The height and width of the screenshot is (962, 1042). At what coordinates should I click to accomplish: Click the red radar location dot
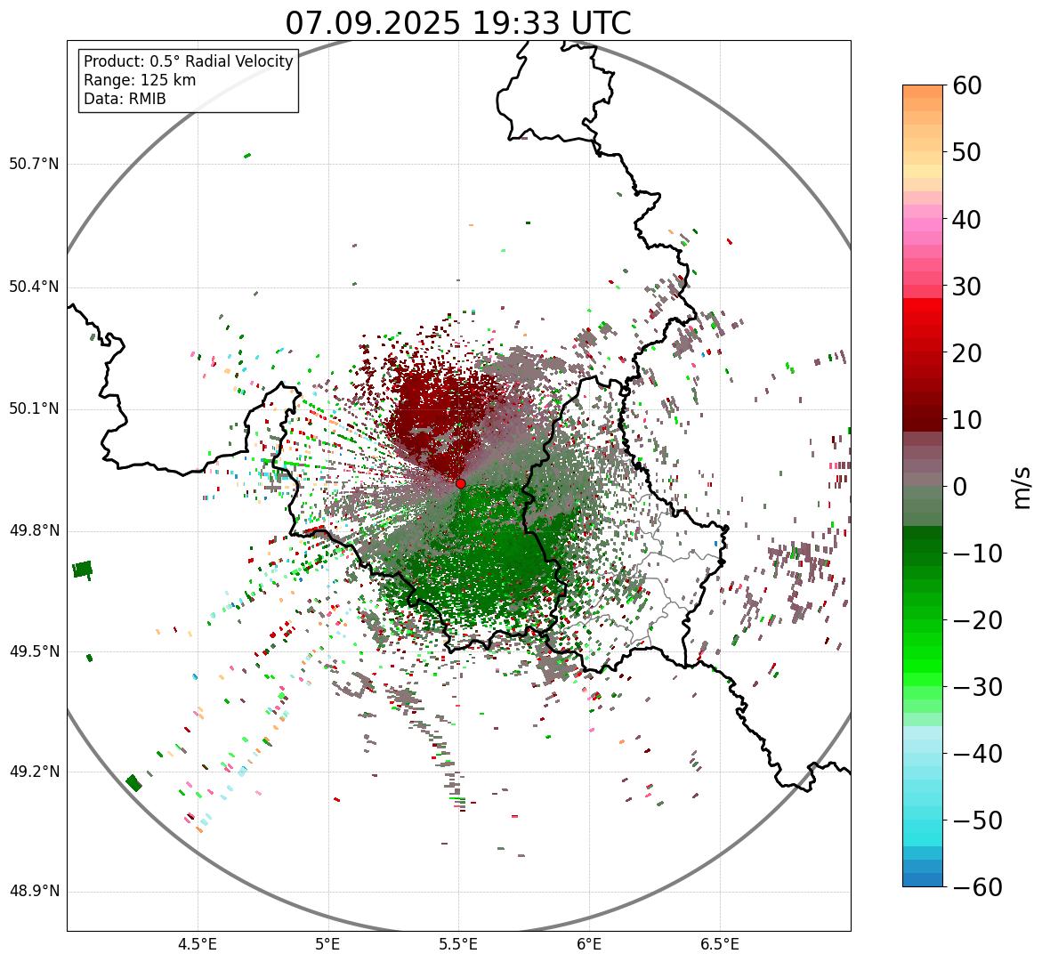pos(460,483)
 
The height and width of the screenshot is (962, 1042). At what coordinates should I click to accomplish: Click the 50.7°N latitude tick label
pos(34,165)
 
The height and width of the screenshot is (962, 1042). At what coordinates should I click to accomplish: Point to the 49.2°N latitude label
pos(34,772)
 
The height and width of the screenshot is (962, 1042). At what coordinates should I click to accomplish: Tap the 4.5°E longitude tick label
pos(198,944)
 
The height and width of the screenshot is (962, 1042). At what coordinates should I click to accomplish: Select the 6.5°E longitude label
pos(719,944)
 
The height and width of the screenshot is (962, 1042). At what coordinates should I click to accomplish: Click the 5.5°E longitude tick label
pos(458,944)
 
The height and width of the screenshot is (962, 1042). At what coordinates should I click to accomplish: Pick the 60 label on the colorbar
pos(966,85)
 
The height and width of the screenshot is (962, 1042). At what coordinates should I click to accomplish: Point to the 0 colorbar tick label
pos(960,487)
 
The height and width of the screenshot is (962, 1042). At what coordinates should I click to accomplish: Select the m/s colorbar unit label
pos(1022,486)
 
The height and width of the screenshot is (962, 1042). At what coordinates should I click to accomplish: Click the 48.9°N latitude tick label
pos(34,892)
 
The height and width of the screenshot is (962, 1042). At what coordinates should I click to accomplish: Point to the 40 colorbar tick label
pos(966,219)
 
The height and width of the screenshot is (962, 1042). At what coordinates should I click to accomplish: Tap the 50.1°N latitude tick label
pos(34,409)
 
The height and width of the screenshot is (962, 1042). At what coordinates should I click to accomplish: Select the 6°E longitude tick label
pos(588,944)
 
